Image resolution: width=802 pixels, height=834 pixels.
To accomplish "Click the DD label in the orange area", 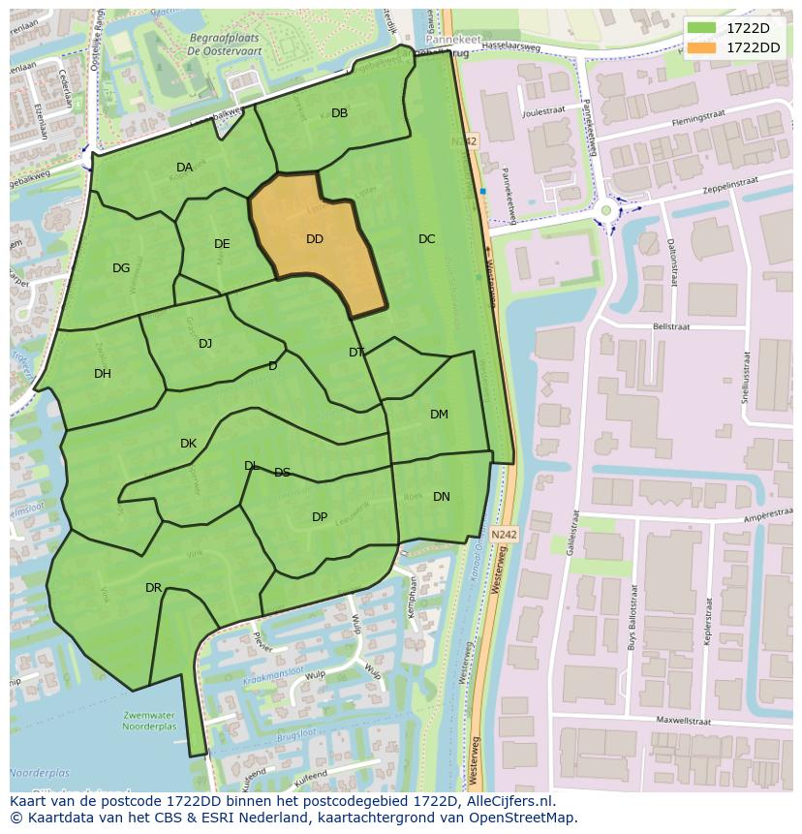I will [315, 239].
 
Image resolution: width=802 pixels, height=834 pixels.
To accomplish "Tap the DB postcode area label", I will [339, 113].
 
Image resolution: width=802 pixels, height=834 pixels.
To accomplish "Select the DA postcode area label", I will [184, 168].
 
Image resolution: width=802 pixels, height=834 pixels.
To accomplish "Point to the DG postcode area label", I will [121, 268].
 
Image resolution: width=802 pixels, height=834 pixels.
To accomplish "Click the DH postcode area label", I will [103, 374].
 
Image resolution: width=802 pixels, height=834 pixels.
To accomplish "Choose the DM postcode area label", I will [439, 415].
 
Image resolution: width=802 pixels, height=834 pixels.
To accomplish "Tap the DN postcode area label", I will [441, 497].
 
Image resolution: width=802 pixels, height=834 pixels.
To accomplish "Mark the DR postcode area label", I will [153, 588].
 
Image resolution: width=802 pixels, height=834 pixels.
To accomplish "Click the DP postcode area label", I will [320, 517].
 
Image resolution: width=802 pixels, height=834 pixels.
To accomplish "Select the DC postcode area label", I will [427, 239].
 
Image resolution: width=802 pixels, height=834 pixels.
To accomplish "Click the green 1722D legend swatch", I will [703, 28].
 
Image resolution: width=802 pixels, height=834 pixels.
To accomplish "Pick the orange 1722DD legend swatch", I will [703, 47].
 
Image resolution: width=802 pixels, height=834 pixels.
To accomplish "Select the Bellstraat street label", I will [670, 327].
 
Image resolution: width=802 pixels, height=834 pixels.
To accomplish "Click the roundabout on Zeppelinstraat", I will [606, 210].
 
